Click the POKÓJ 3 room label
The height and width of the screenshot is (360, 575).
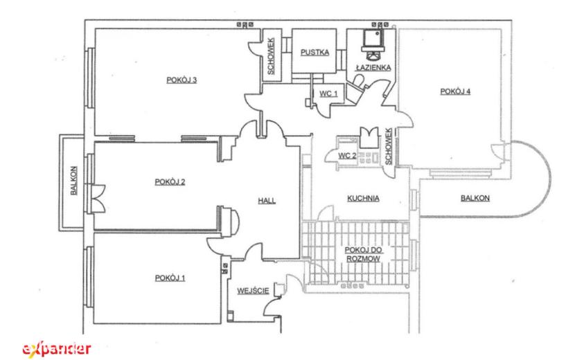coord(182,80)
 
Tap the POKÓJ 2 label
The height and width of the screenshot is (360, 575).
coord(170,182)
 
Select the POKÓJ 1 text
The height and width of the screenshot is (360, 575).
coord(170,278)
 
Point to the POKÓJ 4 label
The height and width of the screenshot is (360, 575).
coord(455,91)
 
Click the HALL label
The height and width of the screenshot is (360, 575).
coord(267,201)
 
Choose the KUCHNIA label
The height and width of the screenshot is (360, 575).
coord(363,198)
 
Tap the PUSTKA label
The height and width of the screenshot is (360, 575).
coord(315,53)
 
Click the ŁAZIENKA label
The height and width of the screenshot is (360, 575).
coord(373,67)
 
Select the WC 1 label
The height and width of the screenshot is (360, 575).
coord(328,93)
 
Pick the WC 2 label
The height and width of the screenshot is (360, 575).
coord(347,156)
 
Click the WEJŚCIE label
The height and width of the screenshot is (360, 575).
coord(253,291)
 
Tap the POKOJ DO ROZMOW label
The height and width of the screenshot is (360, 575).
coord(364,254)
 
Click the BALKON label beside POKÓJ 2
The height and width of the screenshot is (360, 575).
coord(73,181)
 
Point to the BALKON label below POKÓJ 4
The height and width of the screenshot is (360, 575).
coord(475,198)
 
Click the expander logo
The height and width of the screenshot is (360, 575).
coord(57,349)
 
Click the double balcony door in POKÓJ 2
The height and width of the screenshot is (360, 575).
coord(98,198)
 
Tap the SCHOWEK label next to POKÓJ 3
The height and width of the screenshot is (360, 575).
coord(271,56)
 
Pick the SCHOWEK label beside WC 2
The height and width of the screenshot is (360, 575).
coord(389,146)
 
